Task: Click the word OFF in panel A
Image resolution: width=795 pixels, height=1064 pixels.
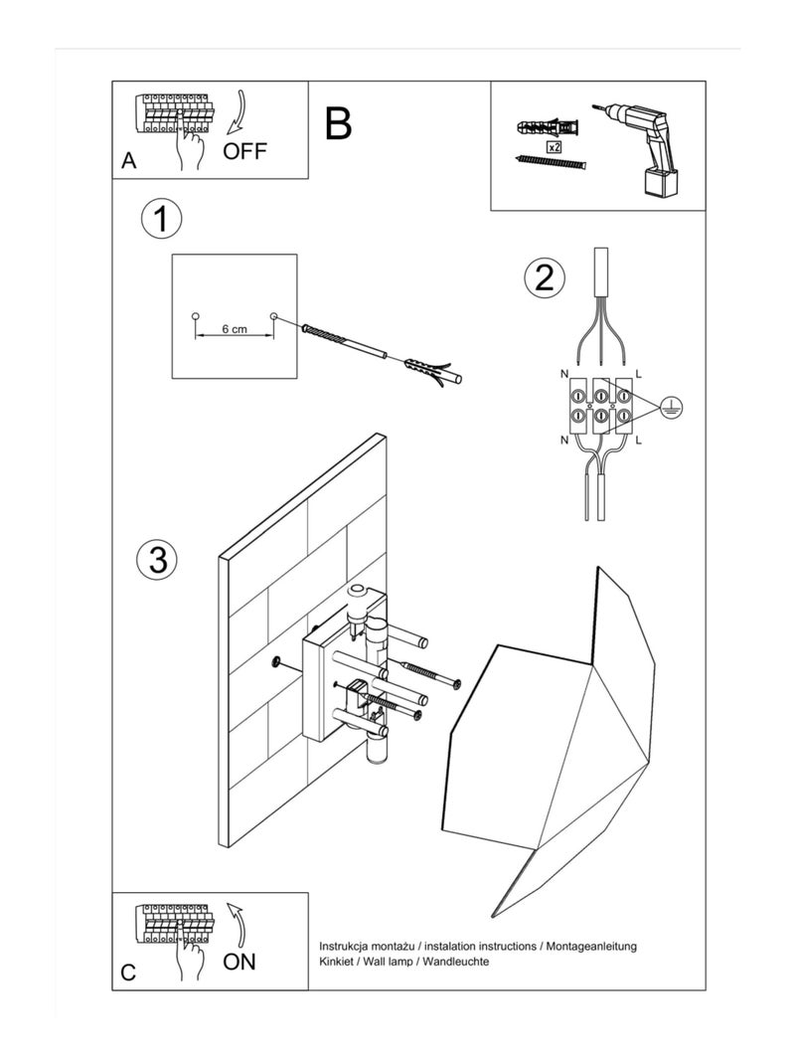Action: tap(245, 152)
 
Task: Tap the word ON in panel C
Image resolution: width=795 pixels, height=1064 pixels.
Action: tap(239, 961)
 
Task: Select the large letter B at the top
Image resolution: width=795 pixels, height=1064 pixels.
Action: tap(338, 124)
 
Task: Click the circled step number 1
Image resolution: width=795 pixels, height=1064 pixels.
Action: tap(161, 219)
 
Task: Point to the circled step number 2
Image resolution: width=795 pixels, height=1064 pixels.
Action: tap(544, 277)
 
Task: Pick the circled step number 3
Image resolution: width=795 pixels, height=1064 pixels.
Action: tap(156, 559)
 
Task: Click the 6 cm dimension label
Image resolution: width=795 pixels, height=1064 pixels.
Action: tap(235, 328)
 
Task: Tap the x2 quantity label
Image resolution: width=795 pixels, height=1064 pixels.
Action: tap(554, 146)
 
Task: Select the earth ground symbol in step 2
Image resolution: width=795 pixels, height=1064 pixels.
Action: tap(672, 405)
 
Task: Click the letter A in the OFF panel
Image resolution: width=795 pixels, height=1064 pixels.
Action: tap(128, 161)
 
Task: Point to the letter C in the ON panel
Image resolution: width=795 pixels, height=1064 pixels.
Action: tap(128, 973)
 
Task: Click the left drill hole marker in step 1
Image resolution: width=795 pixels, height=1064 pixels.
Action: tap(195, 315)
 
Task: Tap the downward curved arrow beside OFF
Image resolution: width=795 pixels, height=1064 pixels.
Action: tap(236, 115)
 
